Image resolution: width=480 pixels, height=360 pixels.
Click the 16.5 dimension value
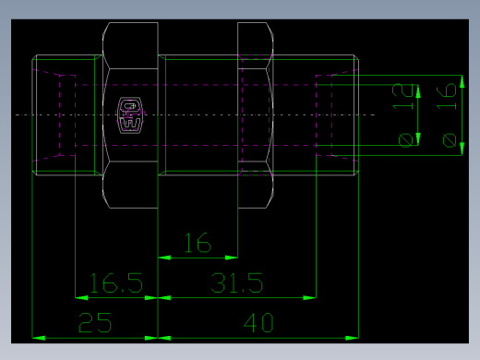[x=115, y=282]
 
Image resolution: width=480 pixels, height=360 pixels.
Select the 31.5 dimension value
[x=237, y=282]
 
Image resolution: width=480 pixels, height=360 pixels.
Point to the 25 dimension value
[x=96, y=323]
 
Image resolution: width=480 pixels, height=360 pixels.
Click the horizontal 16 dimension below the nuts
[x=198, y=244]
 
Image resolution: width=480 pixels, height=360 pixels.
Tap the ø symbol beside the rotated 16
[x=449, y=139]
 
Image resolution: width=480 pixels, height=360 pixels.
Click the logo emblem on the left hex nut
[x=130, y=114]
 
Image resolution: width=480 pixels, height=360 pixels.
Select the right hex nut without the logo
[x=256, y=114]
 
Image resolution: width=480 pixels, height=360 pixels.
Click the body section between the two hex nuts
[x=198, y=114]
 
